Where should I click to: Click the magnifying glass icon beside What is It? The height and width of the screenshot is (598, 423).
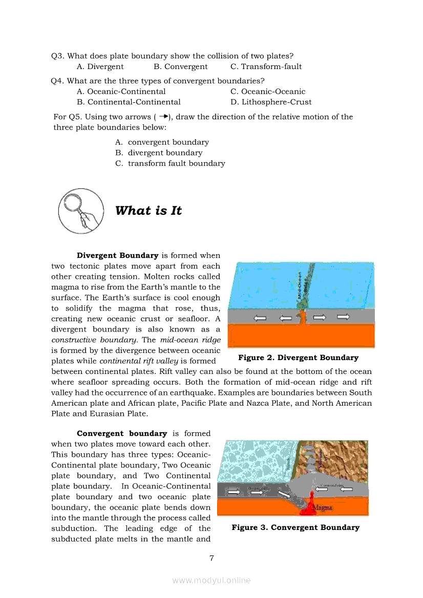(x=80, y=211)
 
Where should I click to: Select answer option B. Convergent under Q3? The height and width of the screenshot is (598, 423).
(x=180, y=67)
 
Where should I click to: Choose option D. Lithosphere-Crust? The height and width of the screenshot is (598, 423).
(x=271, y=102)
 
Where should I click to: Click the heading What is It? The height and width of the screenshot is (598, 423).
(x=149, y=211)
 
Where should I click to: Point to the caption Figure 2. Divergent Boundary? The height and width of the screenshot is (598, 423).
(x=298, y=358)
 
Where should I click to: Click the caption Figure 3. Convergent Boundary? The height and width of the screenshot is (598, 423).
(x=295, y=527)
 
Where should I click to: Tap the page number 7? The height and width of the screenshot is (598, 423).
(x=211, y=558)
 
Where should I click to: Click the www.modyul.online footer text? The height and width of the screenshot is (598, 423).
(x=211, y=580)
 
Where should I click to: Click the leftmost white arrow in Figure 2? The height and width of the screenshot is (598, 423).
(x=261, y=318)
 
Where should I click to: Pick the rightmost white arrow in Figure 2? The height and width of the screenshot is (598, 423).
(x=343, y=317)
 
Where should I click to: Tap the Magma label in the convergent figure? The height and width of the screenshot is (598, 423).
(x=323, y=507)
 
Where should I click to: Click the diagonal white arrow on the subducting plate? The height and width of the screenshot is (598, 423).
(x=284, y=494)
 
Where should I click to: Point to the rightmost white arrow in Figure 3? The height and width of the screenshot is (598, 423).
(x=347, y=490)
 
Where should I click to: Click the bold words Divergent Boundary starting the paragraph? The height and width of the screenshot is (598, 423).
(x=117, y=255)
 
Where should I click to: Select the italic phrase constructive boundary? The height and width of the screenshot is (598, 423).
(x=96, y=340)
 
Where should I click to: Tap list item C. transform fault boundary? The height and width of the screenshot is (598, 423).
(x=170, y=164)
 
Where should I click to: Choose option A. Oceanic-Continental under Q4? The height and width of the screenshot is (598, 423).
(x=121, y=92)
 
